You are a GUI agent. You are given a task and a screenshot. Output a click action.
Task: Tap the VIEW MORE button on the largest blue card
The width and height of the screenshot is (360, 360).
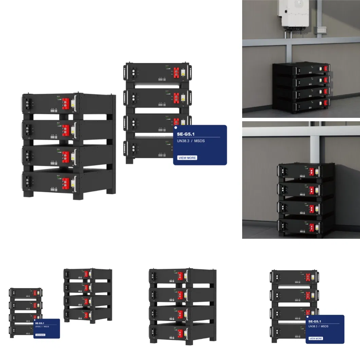click(187, 158)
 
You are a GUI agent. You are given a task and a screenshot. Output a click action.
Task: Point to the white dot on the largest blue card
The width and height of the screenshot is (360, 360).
click(176, 128)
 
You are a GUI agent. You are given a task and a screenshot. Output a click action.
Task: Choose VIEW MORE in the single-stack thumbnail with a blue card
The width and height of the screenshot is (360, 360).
click(316, 338)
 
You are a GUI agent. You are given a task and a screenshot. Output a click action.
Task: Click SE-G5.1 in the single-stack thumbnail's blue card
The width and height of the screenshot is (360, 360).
click(315, 321)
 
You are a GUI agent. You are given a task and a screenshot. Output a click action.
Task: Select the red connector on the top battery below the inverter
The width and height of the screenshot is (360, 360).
click(325, 69)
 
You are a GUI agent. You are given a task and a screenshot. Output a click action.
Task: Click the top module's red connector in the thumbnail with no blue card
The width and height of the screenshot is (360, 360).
click(180, 276)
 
